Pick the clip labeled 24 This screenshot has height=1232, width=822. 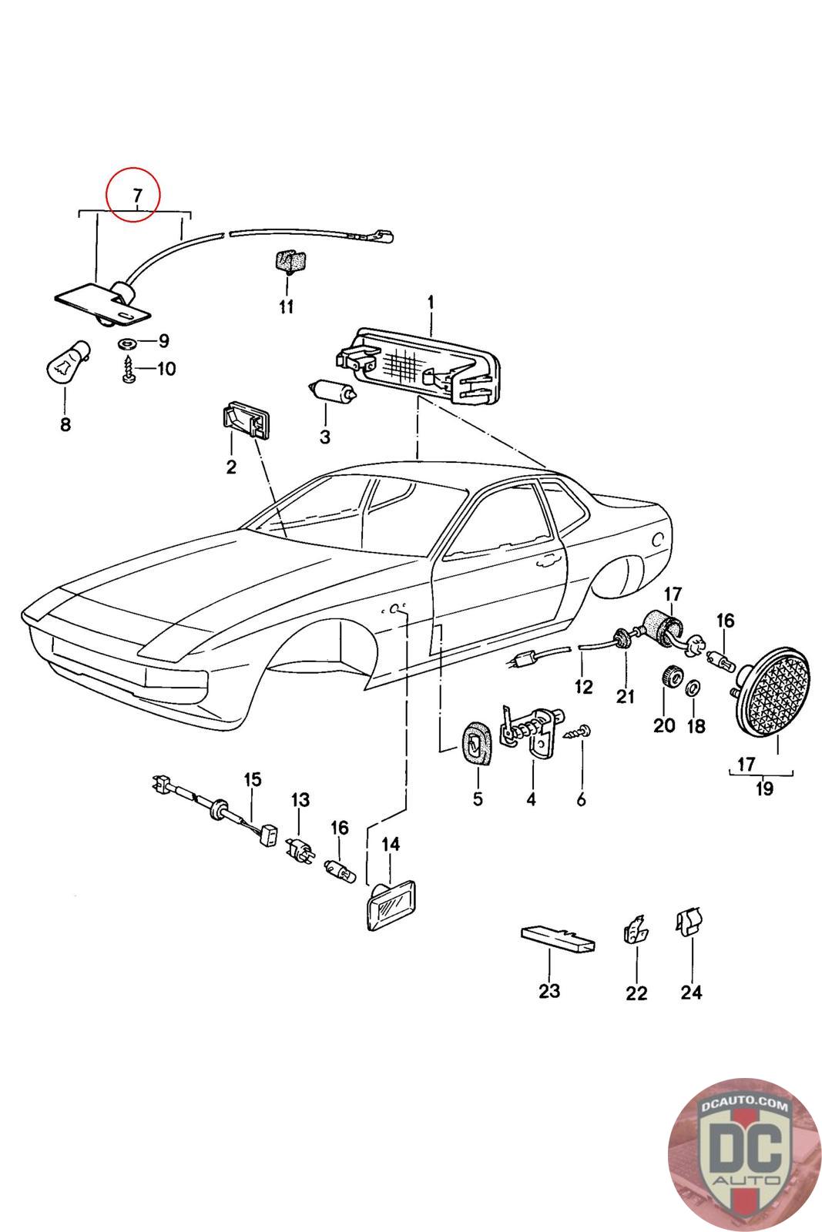689,922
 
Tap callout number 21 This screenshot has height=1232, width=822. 625,696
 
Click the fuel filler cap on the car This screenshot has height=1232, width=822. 658,538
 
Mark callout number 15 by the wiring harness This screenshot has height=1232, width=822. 253,779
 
